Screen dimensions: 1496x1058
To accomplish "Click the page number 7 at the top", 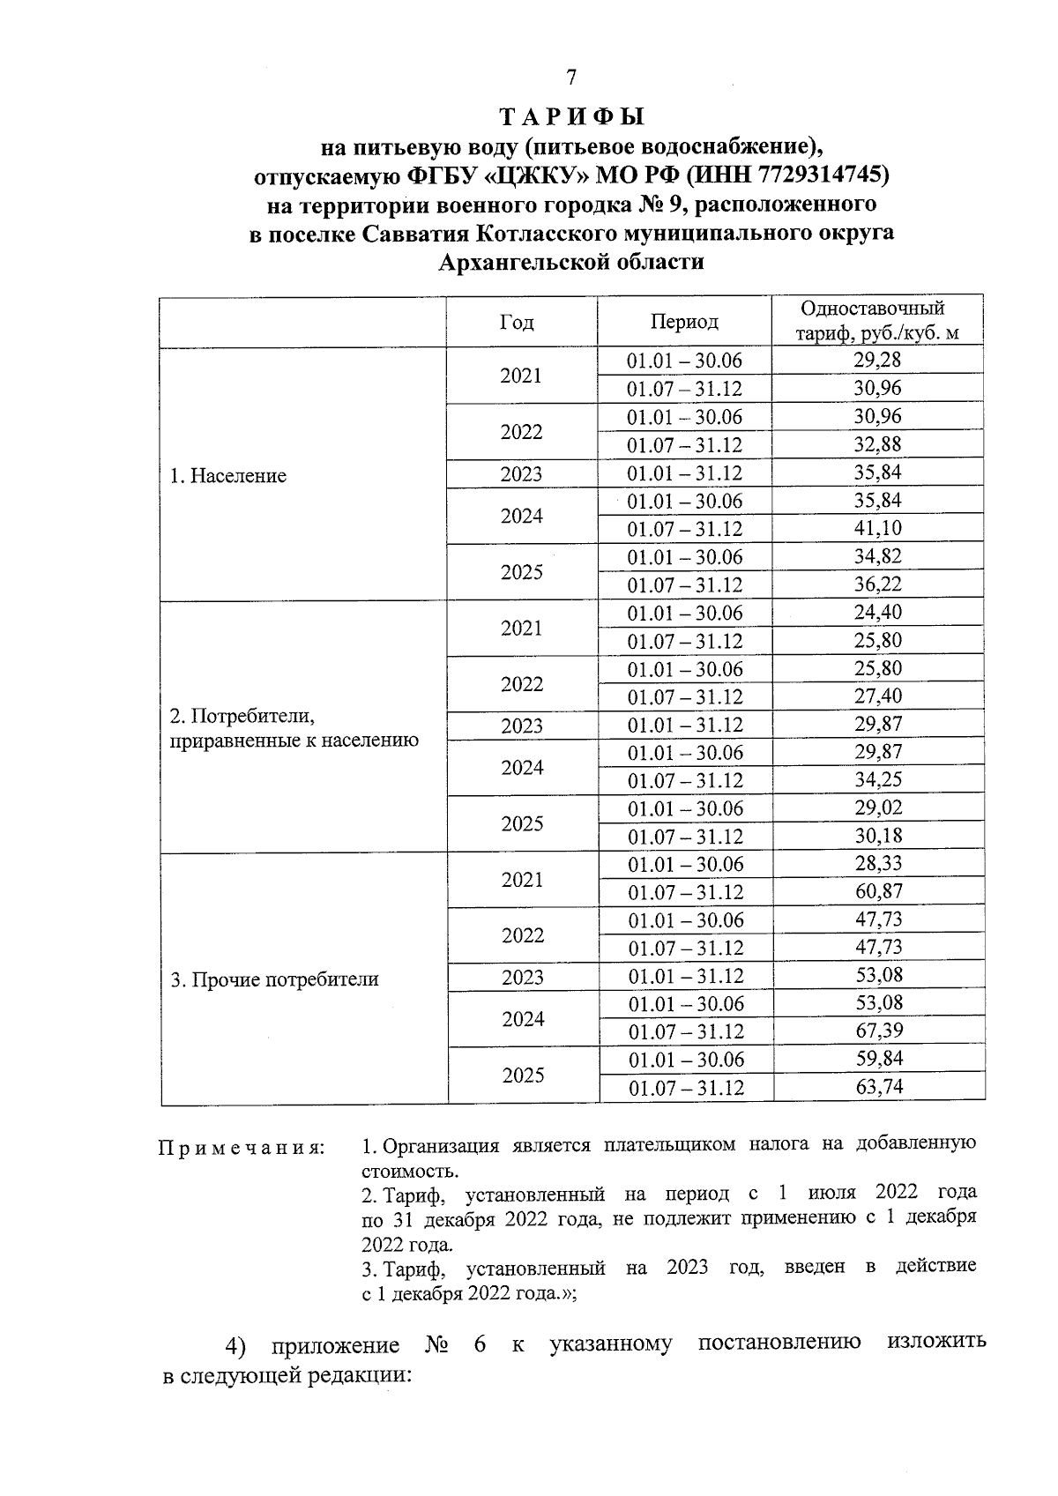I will (x=571, y=78).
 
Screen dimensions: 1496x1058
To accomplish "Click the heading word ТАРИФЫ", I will (x=572, y=117).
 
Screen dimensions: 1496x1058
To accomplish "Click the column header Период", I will (x=684, y=322).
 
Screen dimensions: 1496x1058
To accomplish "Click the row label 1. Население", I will (x=228, y=476).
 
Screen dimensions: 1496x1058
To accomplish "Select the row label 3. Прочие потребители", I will (x=274, y=979).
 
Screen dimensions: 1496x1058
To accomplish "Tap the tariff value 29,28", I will (x=877, y=360).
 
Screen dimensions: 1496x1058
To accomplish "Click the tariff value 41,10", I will (x=877, y=528).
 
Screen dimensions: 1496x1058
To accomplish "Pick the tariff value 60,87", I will (x=879, y=891).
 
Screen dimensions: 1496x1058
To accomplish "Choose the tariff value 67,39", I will (x=879, y=1031).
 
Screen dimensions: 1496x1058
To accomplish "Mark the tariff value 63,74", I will (x=879, y=1087).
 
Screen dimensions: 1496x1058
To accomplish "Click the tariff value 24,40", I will (x=877, y=612).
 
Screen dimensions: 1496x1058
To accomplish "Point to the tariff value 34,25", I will (x=878, y=779).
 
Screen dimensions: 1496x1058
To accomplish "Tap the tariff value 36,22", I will (x=877, y=584).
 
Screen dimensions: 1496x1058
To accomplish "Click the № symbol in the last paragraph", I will (x=437, y=1345).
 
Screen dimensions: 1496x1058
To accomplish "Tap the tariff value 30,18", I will (x=878, y=835).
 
